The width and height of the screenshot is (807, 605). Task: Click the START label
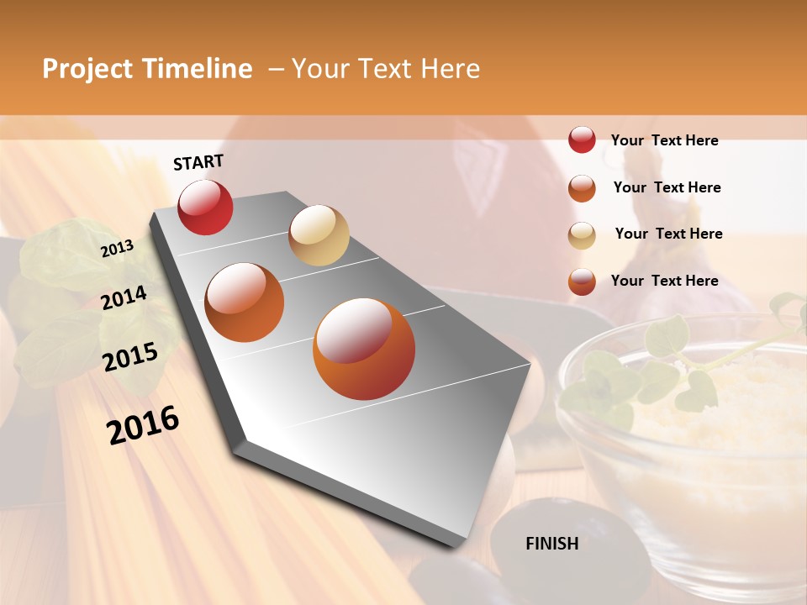pyautogui.click(x=198, y=162)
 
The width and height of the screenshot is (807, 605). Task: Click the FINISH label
pyautogui.click(x=551, y=544)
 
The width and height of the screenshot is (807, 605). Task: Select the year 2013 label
pyautogui.click(x=117, y=249)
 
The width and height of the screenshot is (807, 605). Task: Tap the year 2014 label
pyautogui.click(x=124, y=297)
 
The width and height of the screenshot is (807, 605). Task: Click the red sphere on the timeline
pyautogui.click(x=205, y=208)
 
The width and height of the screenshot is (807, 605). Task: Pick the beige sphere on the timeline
pyautogui.click(x=319, y=235)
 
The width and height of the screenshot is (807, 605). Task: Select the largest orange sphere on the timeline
pyautogui.click(x=364, y=349)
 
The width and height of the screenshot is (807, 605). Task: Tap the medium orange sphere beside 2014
pyautogui.click(x=245, y=302)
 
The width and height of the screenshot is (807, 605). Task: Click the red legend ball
pyautogui.click(x=582, y=139)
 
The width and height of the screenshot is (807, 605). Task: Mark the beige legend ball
pyautogui.click(x=582, y=235)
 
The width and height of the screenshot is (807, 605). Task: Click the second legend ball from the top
pyautogui.click(x=582, y=187)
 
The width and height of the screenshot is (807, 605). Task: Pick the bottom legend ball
pyautogui.click(x=582, y=281)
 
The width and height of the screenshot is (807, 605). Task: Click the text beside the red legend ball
pyautogui.click(x=664, y=140)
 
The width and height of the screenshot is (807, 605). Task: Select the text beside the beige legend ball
pyautogui.click(x=668, y=234)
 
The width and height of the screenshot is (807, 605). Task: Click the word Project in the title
pyautogui.click(x=88, y=69)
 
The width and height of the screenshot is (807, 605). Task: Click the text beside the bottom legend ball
pyautogui.click(x=664, y=281)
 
